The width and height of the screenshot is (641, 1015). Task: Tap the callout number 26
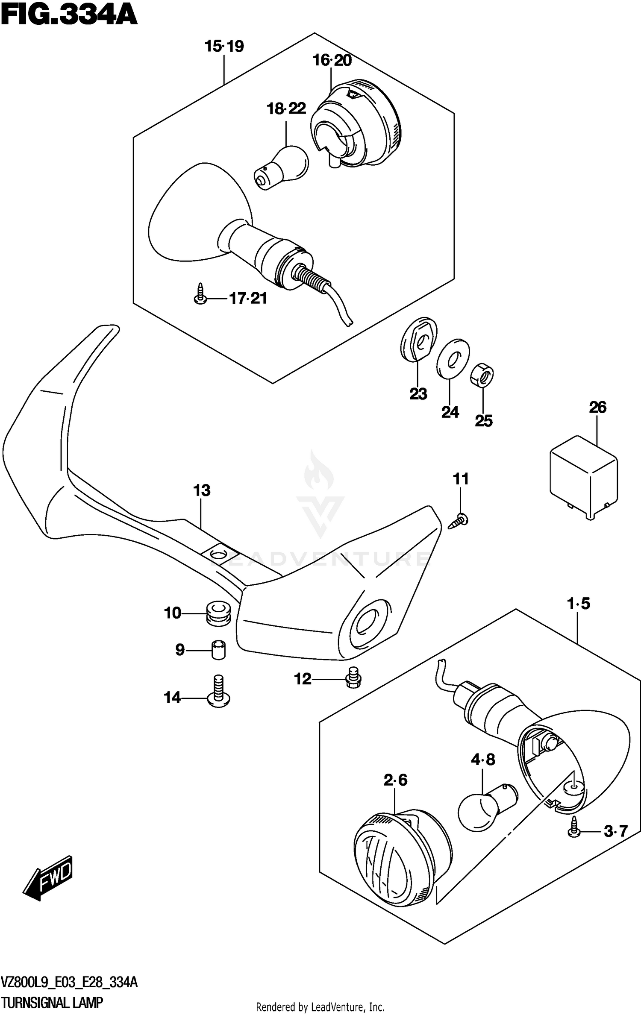pos(597,408)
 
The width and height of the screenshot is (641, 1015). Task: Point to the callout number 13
pos(202,490)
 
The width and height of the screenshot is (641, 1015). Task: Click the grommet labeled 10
pos(218,614)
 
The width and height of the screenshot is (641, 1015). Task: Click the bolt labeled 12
pos(353,678)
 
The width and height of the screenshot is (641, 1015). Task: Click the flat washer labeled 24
pos(453,358)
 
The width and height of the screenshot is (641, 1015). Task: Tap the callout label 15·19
pos(224,46)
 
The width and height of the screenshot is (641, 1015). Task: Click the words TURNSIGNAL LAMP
pos(52,1002)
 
